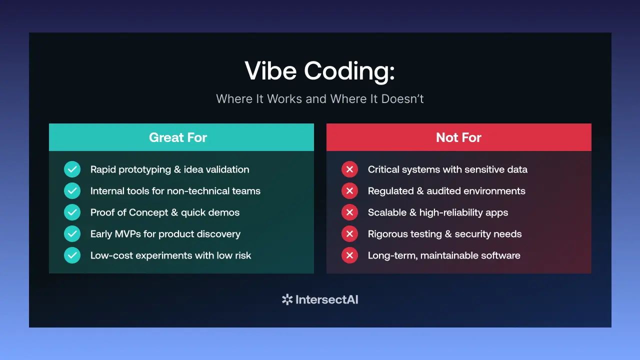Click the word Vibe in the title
270,70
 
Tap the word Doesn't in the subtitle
402,99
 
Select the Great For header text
178,137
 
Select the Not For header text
458,137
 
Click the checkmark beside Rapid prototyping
72,169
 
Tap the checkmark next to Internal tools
72,191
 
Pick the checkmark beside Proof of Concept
72,212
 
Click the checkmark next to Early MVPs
72,233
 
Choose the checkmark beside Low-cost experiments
72,255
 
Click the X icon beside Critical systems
349,169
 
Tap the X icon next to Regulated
349,191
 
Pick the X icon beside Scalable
349,212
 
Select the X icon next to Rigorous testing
349,233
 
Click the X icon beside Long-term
349,255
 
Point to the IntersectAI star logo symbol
287,299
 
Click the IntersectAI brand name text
327,299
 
